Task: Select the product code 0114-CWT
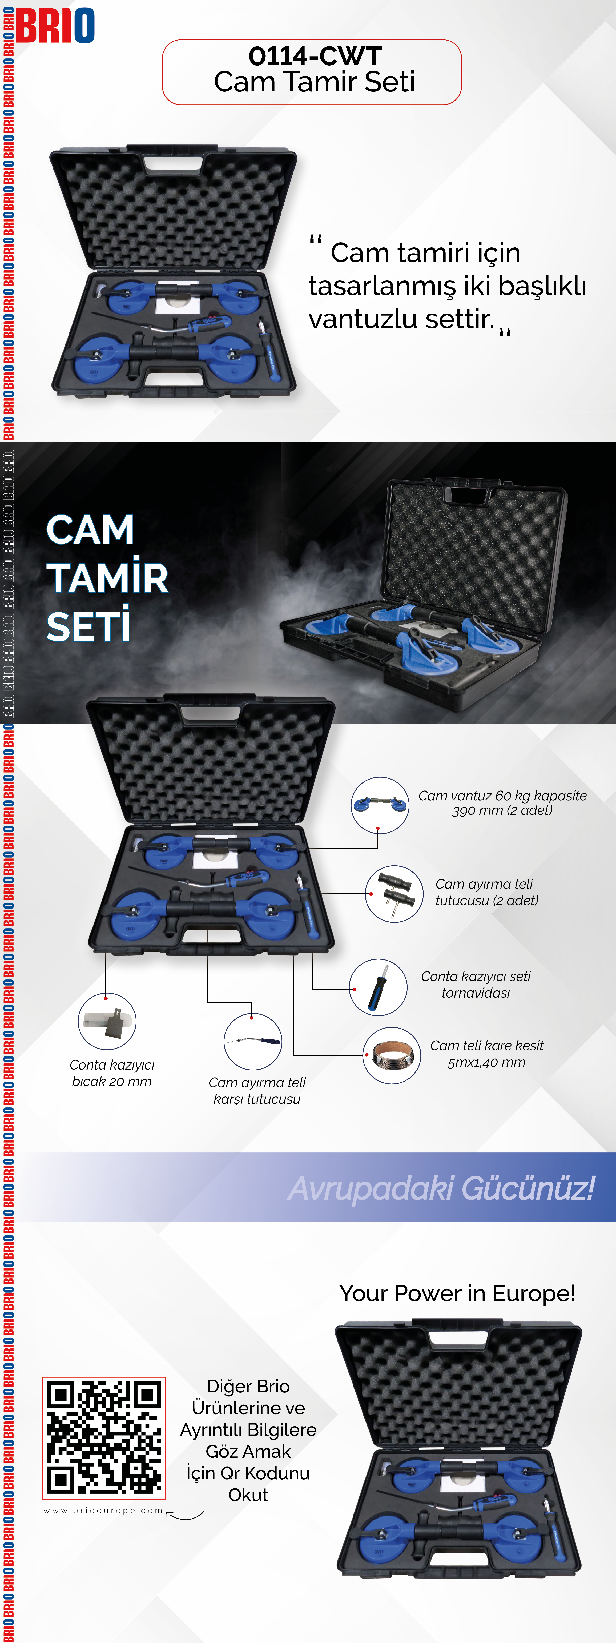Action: (x=315, y=56)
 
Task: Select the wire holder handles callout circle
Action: (x=394, y=894)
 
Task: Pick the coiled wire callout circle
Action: (x=392, y=1056)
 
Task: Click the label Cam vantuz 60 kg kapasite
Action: (x=502, y=795)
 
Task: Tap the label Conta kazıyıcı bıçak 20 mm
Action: (x=112, y=1073)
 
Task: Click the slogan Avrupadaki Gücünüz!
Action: (x=441, y=1188)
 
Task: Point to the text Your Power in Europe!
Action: (x=457, y=1293)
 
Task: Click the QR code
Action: (x=104, y=1438)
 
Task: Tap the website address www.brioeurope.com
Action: (x=103, y=1510)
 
